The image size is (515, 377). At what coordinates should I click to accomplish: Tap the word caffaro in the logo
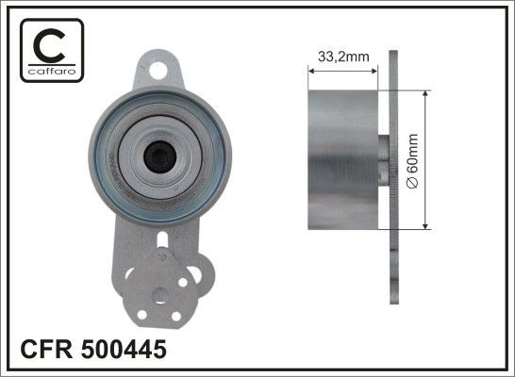click(x=49, y=72)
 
